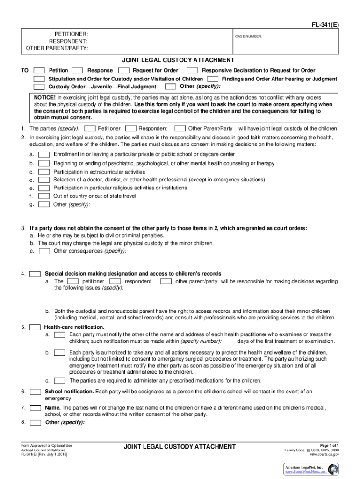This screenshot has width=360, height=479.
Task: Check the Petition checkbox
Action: coord(40,71)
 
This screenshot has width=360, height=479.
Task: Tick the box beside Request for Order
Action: coord(124,71)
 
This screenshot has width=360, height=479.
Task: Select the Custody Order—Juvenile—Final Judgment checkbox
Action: coord(40,87)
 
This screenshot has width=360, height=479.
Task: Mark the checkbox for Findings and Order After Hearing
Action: coord(213,79)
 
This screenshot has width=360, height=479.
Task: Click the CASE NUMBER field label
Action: coord(248,36)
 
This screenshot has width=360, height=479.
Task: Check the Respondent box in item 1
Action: coord(131,129)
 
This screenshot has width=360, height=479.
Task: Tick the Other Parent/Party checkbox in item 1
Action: coord(180,129)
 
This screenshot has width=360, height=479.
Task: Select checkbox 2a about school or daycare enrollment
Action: coord(44,154)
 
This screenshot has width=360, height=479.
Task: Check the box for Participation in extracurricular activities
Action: coord(44,172)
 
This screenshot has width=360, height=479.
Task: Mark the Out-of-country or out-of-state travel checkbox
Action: coord(44,196)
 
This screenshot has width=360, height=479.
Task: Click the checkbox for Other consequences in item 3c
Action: coord(45,251)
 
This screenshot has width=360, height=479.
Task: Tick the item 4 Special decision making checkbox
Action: coord(35,274)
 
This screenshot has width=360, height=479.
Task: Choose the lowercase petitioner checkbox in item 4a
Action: coord(72,282)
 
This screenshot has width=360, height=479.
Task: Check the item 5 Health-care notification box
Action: coord(35,327)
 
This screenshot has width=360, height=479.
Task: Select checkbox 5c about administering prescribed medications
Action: coord(59,381)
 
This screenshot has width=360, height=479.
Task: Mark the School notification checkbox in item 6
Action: coord(35,392)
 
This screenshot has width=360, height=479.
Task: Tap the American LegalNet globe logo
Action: coord(333,470)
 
